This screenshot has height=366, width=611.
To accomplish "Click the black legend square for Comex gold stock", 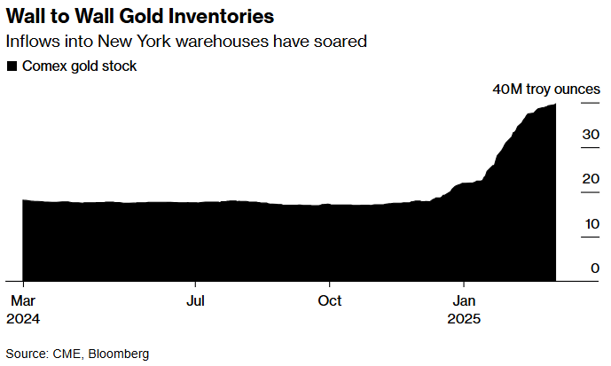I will coord(12,66).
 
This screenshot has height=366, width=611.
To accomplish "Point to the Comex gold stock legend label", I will coord(79,66).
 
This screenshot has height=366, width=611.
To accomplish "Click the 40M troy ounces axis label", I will coord(546,90).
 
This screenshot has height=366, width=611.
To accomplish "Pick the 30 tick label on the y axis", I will coord(591,135).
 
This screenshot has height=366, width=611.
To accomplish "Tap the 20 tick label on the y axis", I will coord(591,179).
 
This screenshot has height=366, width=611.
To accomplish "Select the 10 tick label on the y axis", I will coord(591,223).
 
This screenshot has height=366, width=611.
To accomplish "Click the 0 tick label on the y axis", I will coord(595,268).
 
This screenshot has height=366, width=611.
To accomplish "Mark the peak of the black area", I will coord(555,105).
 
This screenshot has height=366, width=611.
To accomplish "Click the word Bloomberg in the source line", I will coord(115,353).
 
